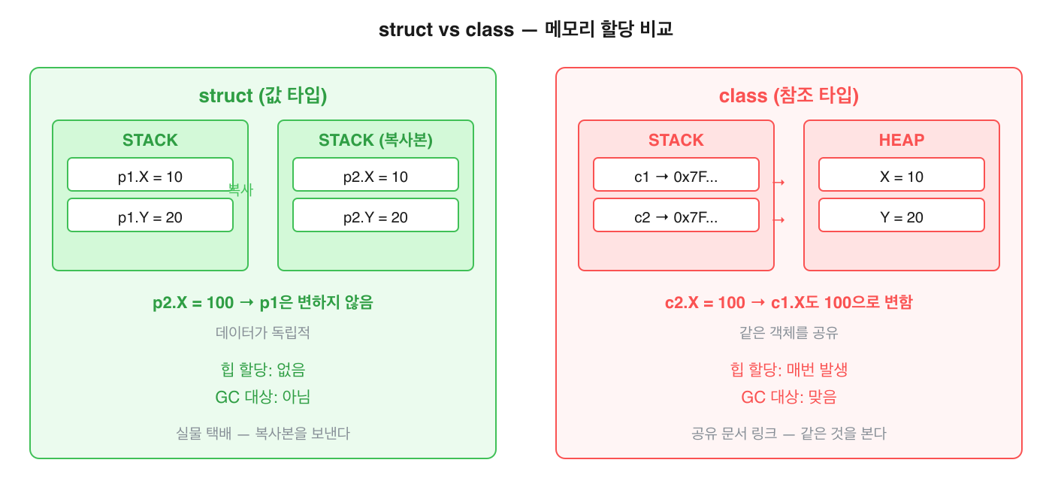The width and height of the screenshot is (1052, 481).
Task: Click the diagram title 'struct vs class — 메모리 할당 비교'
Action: click(525, 31)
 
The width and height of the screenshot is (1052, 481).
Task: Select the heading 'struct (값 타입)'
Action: click(262, 96)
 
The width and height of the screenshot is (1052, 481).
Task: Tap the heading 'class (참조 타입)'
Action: click(788, 96)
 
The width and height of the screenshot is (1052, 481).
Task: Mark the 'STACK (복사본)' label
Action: click(376, 141)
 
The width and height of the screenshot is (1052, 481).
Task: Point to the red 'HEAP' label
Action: click(902, 141)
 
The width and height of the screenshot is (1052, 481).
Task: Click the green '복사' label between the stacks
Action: click(240, 191)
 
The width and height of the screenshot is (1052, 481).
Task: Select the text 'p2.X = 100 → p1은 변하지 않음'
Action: click(262, 303)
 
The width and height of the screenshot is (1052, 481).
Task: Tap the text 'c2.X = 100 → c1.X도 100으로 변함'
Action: click(788, 303)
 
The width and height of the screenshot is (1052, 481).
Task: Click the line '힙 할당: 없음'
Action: click(262, 370)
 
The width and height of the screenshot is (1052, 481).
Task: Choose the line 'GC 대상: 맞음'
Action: click(788, 398)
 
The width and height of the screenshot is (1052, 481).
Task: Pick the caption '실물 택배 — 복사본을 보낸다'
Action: click(262, 434)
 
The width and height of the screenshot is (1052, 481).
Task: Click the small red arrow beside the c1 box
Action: click(779, 182)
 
